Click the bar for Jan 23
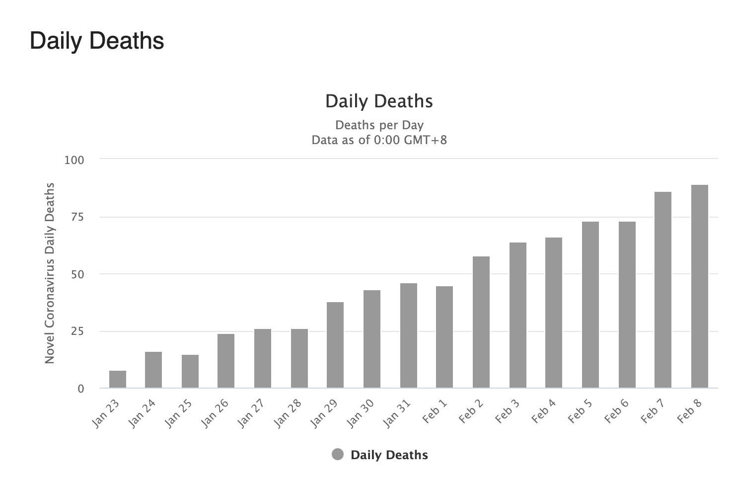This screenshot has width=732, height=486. coord(118,379)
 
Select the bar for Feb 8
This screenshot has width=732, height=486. coord(699,286)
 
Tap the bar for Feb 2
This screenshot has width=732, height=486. coord(481,322)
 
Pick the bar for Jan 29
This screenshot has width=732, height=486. coord(335,345)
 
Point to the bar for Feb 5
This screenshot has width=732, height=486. coord(590,305)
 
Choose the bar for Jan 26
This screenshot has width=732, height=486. coord(226,361)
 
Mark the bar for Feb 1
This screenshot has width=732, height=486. coord(444,337)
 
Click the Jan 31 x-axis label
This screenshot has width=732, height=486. coord(397,413)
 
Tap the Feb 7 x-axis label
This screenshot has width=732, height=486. coord(653,410)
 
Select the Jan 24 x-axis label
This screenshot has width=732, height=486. coord(142,413)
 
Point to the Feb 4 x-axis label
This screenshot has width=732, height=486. coord(543,410)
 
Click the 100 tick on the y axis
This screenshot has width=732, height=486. coord(74,160)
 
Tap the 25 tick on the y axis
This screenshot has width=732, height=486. coord(77,331)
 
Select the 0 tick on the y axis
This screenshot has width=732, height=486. coord(80,389)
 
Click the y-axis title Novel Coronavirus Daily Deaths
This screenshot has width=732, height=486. coord(50,273)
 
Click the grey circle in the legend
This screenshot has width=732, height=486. coord(338,455)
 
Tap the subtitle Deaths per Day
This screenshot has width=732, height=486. coord(379,125)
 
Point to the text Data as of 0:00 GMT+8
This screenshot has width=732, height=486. coord(379,140)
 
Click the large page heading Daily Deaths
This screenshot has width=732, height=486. coord(97,41)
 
